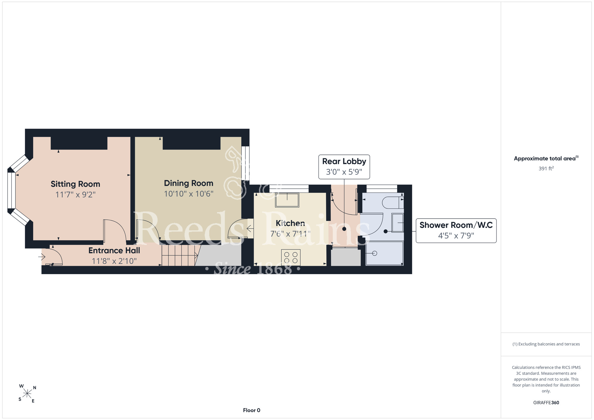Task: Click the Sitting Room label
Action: [75, 184]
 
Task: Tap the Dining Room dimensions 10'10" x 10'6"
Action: [189, 194]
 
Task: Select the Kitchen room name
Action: [290, 223]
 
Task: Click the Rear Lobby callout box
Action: [344, 167]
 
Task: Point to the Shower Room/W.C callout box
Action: [456, 230]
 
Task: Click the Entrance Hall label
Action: [114, 251]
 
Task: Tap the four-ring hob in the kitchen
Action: [291, 258]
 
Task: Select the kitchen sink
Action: [287, 200]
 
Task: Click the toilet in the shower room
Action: [393, 203]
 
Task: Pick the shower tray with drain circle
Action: [384, 253]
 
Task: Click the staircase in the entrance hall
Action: [180, 255]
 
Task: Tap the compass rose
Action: [27, 394]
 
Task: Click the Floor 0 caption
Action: [252, 410]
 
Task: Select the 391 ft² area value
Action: [546, 168]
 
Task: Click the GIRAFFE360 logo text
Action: [546, 403]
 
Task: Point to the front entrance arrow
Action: [42, 257]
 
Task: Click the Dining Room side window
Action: [245, 163]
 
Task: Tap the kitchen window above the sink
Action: [289, 189]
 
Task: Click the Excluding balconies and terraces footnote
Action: [546, 344]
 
